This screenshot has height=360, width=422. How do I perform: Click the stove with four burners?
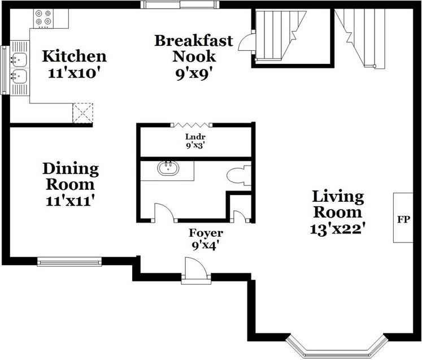click(x=43, y=18)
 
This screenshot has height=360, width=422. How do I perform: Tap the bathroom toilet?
click(x=239, y=176)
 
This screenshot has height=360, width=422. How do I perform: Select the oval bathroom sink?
click(x=168, y=168)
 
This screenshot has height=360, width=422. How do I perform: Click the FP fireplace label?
click(x=403, y=219)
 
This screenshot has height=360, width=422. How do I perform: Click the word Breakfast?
click(x=194, y=41)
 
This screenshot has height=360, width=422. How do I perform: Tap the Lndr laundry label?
click(x=195, y=137)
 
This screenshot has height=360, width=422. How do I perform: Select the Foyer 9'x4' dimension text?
click(x=205, y=245)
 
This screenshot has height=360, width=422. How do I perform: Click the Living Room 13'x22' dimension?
click(x=337, y=229)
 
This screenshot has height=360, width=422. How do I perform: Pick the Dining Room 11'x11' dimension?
click(x=70, y=201)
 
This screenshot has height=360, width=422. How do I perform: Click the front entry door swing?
click(x=197, y=267)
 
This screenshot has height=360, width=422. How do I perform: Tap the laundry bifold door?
click(x=192, y=125)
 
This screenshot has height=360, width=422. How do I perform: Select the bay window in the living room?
click(x=337, y=346)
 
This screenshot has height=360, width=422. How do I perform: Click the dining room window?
click(x=69, y=262)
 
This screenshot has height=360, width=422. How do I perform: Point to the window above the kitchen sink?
click(x=4, y=70)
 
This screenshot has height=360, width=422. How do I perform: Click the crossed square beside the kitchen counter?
click(x=82, y=113)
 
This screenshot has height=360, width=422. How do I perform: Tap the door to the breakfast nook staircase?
click(x=246, y=41)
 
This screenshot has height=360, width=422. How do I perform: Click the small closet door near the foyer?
click(x=240, y=216)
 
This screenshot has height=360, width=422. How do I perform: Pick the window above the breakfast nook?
click(x=180, y=5)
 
